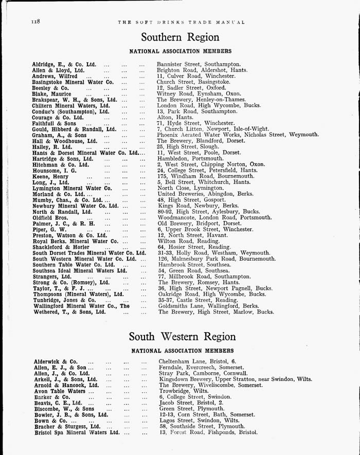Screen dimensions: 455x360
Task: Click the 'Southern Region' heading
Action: [x=180, y=38]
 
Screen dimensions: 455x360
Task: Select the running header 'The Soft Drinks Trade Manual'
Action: [x=182, y=22]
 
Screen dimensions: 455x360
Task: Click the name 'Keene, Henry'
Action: [x=48, y=176]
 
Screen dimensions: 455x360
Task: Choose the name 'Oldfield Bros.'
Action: [x=49, y=217]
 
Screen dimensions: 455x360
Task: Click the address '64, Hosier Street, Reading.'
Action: [x=194, y=247]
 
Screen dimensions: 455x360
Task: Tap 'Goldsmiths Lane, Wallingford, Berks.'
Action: [x=209, y=306]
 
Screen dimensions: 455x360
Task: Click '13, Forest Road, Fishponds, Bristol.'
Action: [x=208, y=432]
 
